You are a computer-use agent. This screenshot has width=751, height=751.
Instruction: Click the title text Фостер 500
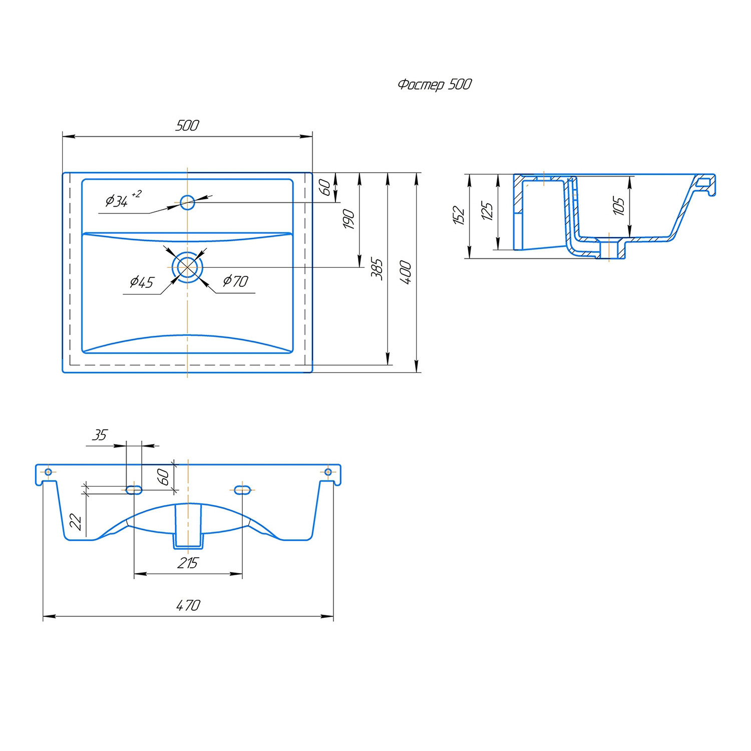(x=435, y=85)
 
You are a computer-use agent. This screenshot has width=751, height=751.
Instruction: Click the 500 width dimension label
(x=187, y=125)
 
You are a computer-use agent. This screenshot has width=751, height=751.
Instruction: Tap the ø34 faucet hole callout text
(x=123, y=199)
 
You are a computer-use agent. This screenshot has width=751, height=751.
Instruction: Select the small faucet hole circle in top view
(x=187, y=202)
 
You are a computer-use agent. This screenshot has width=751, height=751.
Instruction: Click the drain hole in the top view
(x=187, y=267)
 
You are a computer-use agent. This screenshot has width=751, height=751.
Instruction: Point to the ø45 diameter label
(x=142, y=282)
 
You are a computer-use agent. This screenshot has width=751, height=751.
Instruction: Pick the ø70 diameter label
(x=235, y=281)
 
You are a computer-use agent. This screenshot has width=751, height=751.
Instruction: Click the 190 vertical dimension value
(x=349, y=219)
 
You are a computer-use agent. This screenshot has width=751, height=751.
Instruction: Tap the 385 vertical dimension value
(x=377, y=269)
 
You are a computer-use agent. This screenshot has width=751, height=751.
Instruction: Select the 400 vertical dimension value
(x=406, y=272)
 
